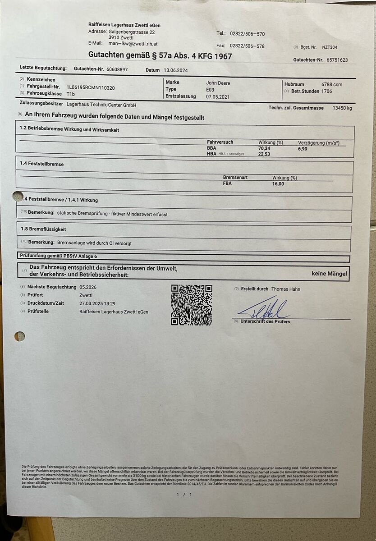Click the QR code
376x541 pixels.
[191, 305]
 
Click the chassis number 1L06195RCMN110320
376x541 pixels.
[90, 87]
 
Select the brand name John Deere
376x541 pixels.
[218, 83]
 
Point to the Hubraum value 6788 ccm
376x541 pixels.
[331, 84]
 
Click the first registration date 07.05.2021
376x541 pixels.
[218, 96]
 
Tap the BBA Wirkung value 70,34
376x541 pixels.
[265, 148]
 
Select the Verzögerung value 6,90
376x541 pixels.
[303, 148]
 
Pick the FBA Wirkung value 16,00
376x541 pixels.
[278, 183]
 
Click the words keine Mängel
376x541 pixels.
[329, 273]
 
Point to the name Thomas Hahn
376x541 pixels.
[285, 289]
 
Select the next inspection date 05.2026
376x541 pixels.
[88, 287]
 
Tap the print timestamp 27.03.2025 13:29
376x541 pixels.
[97, 303]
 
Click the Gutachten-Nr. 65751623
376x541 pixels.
[338, 60]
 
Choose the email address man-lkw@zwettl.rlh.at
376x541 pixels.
[133, 43]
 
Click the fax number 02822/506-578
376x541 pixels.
[247, 46]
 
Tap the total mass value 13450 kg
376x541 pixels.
[342, 108]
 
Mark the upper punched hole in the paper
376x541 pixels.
[18, 196]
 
